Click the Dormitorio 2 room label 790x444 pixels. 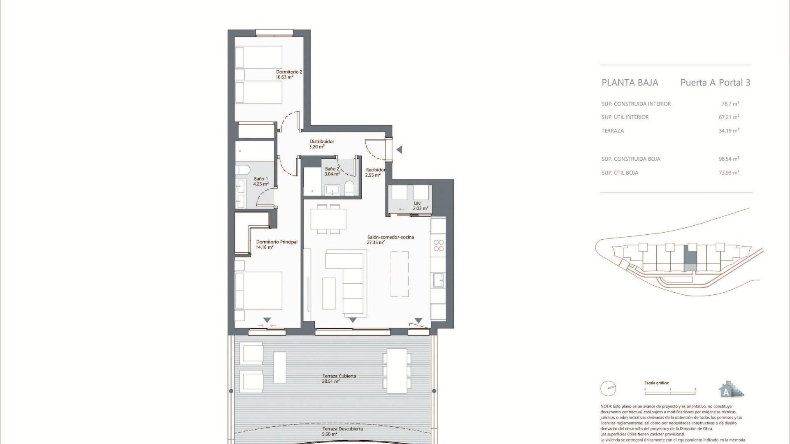pyautogui.click(x=289, y=72)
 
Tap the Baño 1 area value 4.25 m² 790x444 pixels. pyautogui.click(x=260, y=184)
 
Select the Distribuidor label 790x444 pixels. pyautogui.click(x=322, y=141)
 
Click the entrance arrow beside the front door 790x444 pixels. pyautogui.click(x=399, y=150)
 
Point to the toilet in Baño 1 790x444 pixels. pyautogui.click(x=241, y=171)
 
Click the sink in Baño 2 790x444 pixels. pyautogui.click(x=332, y=190)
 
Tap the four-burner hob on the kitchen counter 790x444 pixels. pyautogui.click(x=439, y=245)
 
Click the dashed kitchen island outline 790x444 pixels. pyautogui.click(x=399, y=274)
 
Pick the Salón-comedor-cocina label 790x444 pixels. pyautogui.click(x=390, y=237)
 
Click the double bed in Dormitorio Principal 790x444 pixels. pyautogui.click(x=258, y=291)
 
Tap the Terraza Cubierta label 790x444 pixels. pyautogui.click(x=339, y=376)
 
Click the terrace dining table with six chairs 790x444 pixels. pyautogui.click(x=397, y=370)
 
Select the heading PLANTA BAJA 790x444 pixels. pyautogui.click(x=630, y=83)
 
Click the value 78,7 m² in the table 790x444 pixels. pyautogui.click(x=730, y=104)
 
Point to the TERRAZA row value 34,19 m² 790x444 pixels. pyautogui.click(x=729, y=131)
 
